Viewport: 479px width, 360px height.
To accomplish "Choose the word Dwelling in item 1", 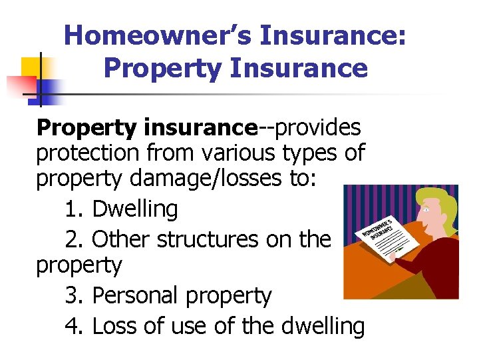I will click(x=135, y=209).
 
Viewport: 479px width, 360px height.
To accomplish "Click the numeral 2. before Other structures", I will click(x=76, y=238).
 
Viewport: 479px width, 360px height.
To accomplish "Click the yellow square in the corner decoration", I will click(x=31, y=67).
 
